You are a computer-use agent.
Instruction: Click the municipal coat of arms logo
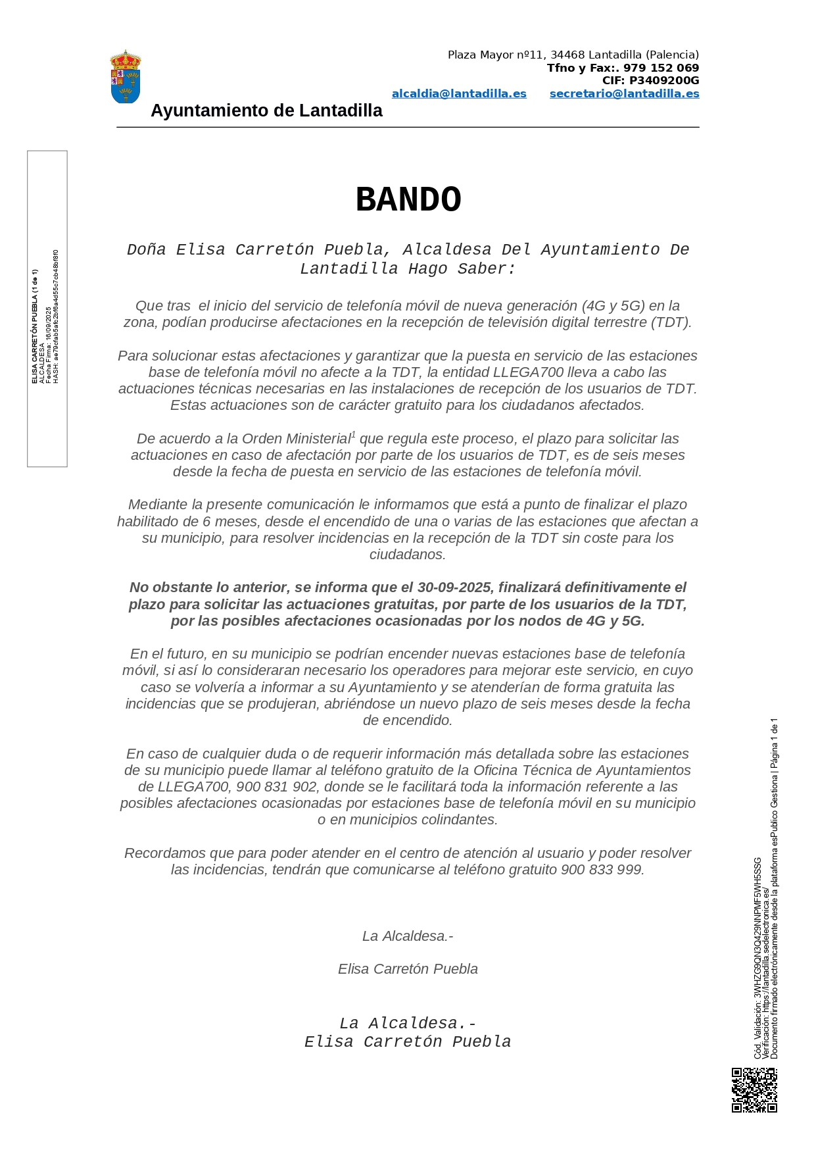[x=125, y=77]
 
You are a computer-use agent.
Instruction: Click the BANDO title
[x=408, y=199]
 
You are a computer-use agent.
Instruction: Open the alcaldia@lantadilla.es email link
[x=459, y=94]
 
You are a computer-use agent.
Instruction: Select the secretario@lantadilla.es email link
[x=624, y=94]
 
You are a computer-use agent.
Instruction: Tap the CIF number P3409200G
[x=664, y=81]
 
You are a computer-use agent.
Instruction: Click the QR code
[x=754, y=1090]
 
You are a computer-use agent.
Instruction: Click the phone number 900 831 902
[x=276, y=787]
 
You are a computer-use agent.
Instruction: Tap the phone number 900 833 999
[x=601, y=870]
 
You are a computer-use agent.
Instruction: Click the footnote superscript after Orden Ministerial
[x=354, y=435]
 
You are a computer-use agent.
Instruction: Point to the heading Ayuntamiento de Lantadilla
[x=266, y=111]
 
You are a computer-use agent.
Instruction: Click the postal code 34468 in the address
[x=567, y=55]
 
